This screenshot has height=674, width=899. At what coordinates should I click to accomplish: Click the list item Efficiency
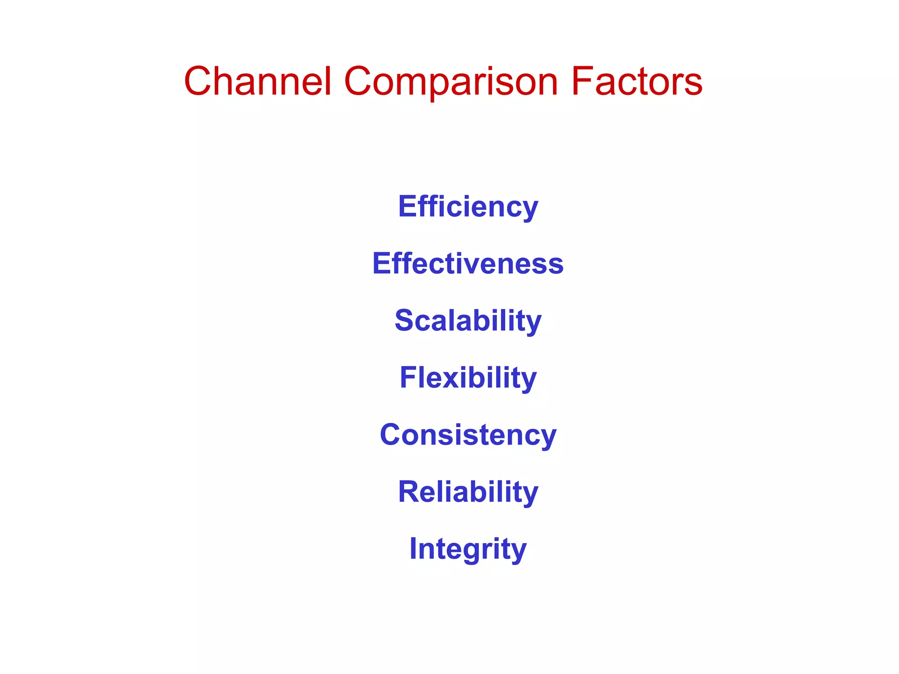pos(468,207)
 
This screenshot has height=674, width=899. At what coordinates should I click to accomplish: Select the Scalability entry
pos(468,321)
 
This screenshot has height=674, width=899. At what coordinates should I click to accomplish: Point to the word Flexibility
pos(468,378)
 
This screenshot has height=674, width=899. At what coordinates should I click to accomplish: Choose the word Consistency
pos(468,435)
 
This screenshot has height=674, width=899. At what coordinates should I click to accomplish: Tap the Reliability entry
pos(468,492)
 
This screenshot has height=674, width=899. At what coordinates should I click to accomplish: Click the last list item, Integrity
pos(468,549)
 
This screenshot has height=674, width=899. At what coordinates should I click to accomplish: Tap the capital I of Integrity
pos(413,549)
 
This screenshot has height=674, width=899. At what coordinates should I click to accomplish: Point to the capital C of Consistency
pos(392,435)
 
